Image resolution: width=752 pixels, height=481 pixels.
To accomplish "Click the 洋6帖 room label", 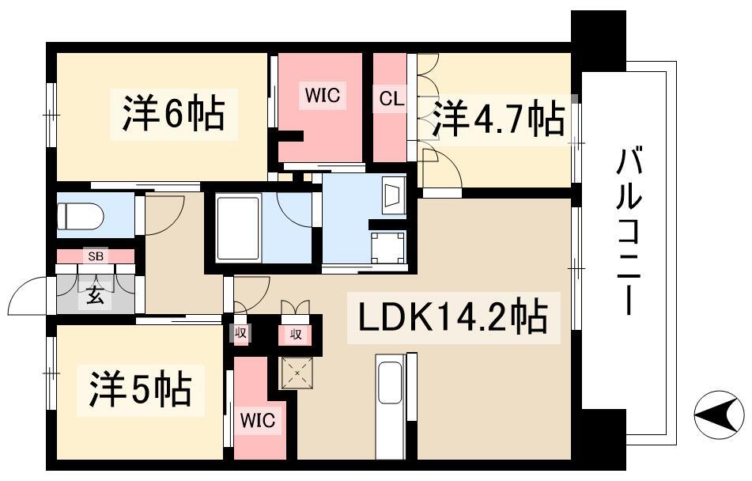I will coord(173,114).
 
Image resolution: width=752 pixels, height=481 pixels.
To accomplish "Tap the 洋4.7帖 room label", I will coord(498,119).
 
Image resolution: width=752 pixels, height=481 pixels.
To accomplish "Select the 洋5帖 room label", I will coord(135,388).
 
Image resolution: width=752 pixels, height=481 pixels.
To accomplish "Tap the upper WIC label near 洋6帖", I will coord(323,96).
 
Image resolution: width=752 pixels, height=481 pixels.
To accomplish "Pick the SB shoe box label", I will coord(95,256).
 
